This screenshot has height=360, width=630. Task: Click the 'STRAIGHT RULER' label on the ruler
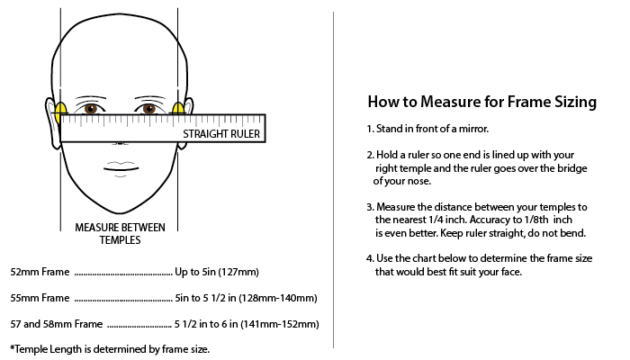tap(221, 134)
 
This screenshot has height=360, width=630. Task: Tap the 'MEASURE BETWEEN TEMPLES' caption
tap(120, 233)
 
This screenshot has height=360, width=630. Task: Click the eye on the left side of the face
tap(91, 109)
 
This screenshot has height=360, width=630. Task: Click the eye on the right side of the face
tap(148, 109)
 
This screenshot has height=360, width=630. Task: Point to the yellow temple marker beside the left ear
tap(60, 112)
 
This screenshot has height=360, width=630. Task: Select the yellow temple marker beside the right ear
tap(178, 109)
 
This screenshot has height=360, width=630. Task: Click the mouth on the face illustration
tap(121, 168)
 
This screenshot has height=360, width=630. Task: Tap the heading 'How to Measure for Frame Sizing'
tap(482, 102)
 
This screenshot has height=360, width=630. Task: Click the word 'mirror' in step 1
tap(474, 129)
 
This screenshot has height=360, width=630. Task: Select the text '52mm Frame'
tap(40, 272)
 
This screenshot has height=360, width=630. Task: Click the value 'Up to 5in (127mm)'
tap(217, 272)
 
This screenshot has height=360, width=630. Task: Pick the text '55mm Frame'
tap(40, 298)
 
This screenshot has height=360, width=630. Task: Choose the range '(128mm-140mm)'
tap(278, 298)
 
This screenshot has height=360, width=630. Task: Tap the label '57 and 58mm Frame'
tap(57, 324)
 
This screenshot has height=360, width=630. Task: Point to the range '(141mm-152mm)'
tap(280, 324)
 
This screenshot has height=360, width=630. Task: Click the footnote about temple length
tap(110, 349)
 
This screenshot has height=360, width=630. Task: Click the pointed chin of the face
tap(120, 212)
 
